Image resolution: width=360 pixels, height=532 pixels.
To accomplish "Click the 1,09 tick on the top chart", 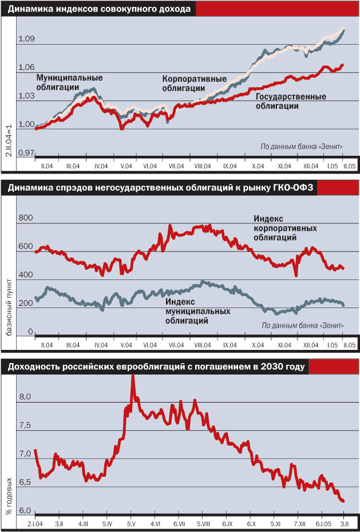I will click(x=27, y=40).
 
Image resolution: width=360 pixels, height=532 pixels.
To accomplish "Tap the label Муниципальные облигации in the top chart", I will click(x=61, y=82).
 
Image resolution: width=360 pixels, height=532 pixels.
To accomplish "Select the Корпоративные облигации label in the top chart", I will click(x=195, y=84).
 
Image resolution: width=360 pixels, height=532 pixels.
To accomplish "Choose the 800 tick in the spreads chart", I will click(x=26, y=218).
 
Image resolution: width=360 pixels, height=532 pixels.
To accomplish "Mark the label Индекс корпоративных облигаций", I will click(x=277, y=228).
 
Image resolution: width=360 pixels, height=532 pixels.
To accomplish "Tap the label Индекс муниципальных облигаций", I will click(x=197, y=312).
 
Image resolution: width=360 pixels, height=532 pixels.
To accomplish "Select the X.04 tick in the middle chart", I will click(x=258, y=345).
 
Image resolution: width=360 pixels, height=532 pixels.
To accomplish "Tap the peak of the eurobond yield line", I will click(x=133, y=375).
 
